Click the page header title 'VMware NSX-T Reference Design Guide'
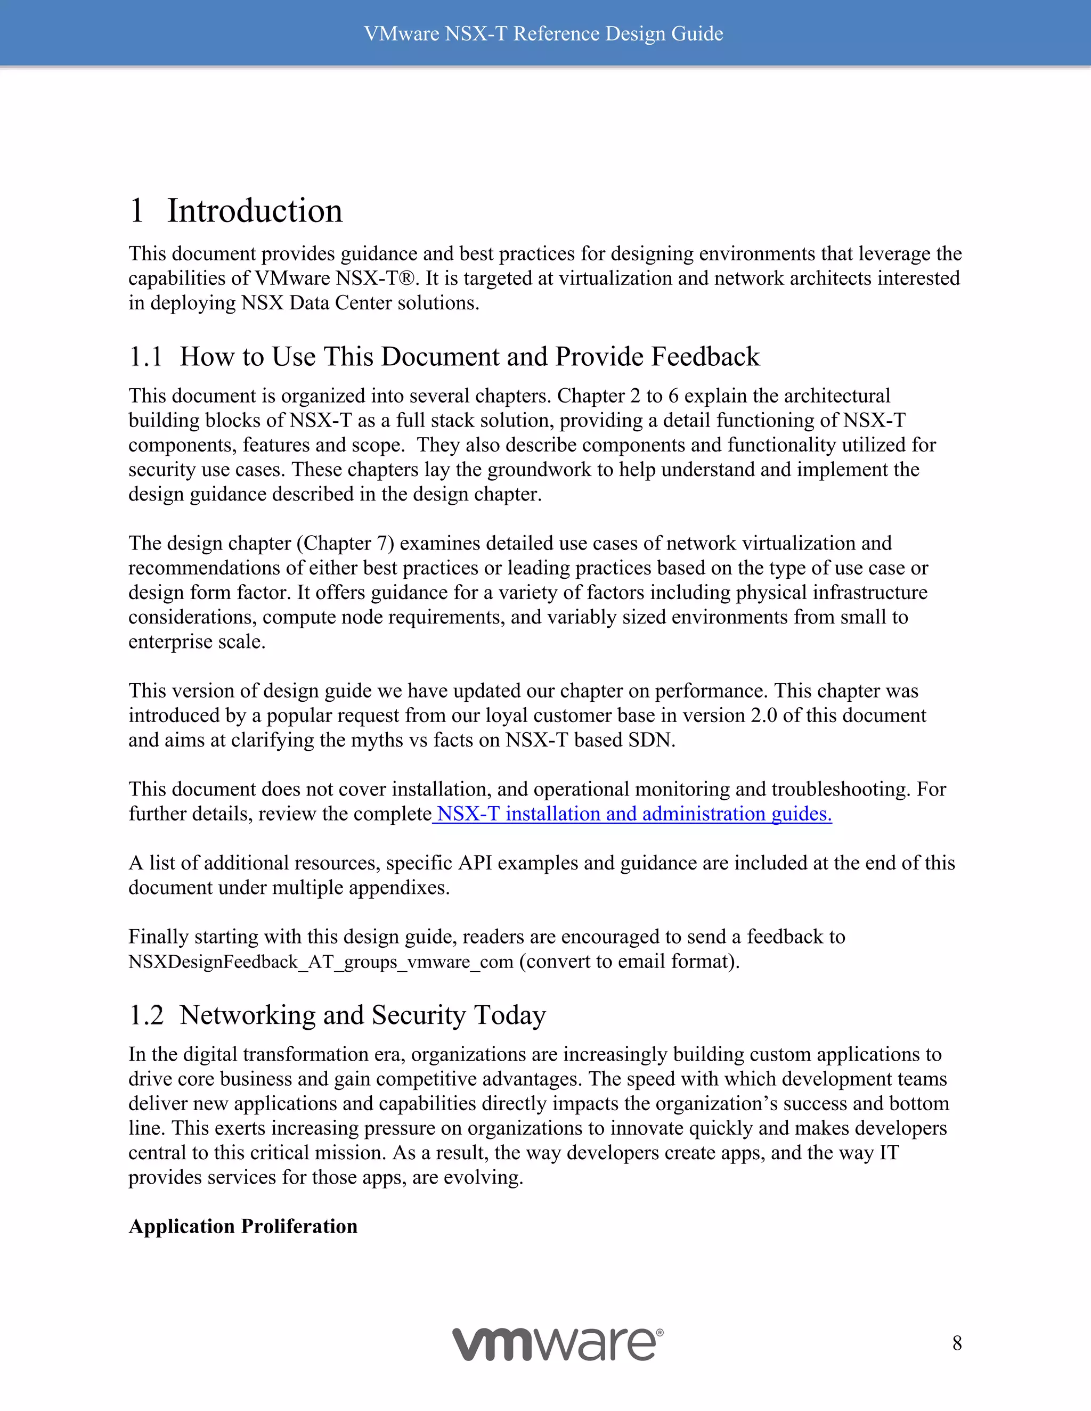point(543,34)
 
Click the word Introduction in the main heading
point(255,211)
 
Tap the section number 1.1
point(145,357)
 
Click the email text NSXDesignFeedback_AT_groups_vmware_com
point(321,962)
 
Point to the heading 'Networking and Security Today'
point(363,1015)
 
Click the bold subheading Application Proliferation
point(243,1226)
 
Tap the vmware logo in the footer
point(557,1344)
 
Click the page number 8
point(957,1343)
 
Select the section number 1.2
point(146,1015)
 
